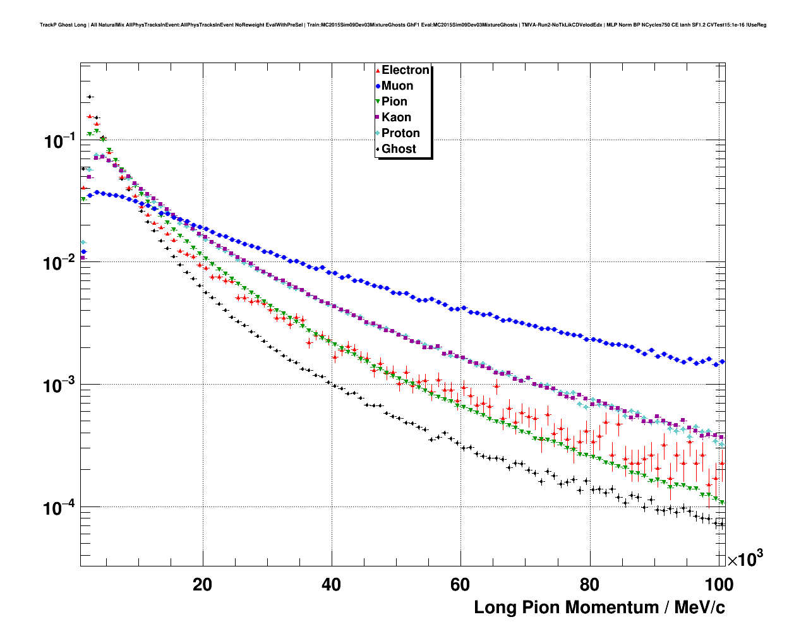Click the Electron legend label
click(x=406, y=70)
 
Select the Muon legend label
click(x=397, y=86)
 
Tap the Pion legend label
click(x=394, y=102)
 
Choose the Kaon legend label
click(x=396, y=117)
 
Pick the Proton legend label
click(x=400, y=133)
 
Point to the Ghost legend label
click(x=399, y=149)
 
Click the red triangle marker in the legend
click(x=378, y=70)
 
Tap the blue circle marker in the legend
click(x=378, y=86)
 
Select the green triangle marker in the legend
click(x=378, y=102)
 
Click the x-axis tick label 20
click(x=203, y=585)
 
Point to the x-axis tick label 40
click(x=332, y=585)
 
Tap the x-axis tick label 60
click(x=460, y=585)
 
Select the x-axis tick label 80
click(x=589, y=585)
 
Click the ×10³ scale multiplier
click(x=745, y=559)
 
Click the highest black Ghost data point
click(x=90, y=97)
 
